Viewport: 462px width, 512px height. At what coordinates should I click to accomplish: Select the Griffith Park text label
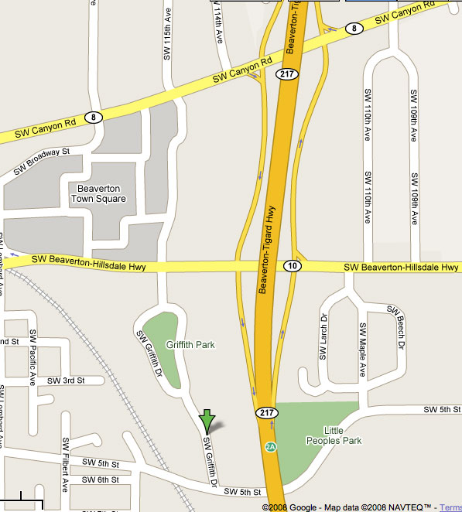click(x=190, y=345)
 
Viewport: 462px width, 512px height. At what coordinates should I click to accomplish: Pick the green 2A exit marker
click(x=271, y=447)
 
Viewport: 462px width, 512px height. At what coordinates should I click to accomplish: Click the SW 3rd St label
click(x=65, y=381)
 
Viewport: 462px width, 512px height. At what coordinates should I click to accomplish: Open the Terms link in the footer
click(x=450, y=507)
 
